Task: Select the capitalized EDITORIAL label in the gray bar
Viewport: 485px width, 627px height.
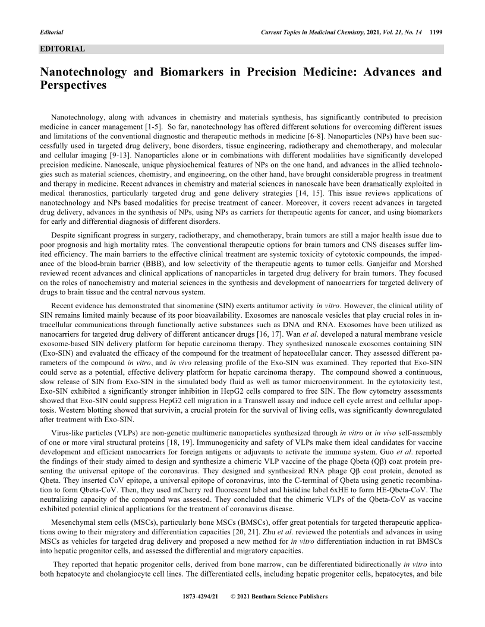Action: tap(62, 48)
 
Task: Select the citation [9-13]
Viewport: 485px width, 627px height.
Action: tap(124, 151)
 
